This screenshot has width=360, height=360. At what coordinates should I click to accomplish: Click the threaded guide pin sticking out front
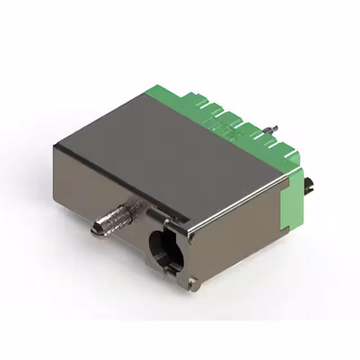coord(112,219)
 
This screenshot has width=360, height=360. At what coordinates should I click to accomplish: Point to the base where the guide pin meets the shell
coord(130,211)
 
